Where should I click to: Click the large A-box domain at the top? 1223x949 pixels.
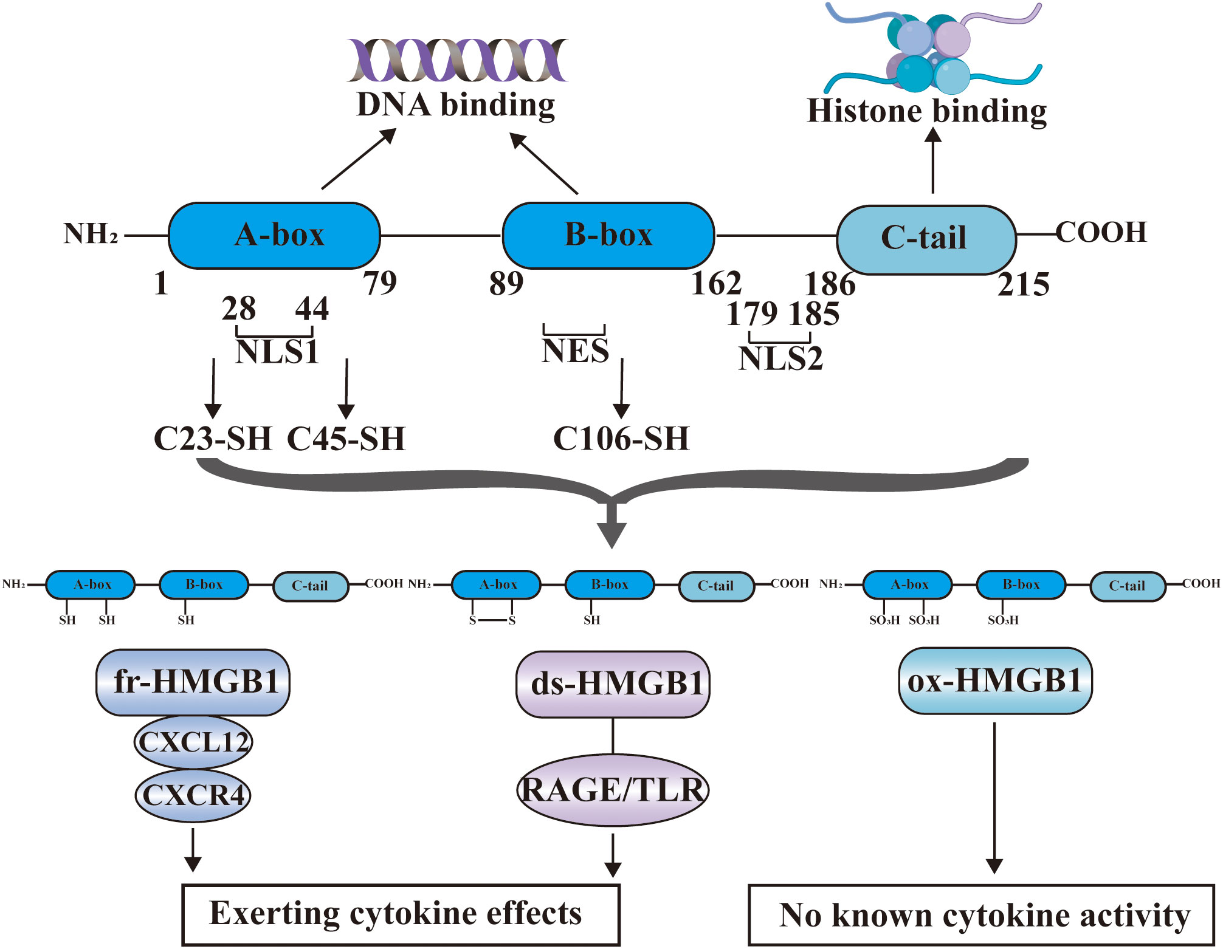tap(274, 236)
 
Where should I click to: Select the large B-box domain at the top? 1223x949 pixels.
tap(608, 236)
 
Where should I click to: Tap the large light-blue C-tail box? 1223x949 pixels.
tap(926, 239)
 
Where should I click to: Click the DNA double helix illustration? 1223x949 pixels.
tap(457, 60)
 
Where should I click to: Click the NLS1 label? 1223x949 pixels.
tap(277, 352)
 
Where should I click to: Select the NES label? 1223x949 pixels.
tap(575, 351)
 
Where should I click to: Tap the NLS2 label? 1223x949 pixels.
tap(780, 358)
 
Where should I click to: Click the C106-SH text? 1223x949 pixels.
tap(621, 439)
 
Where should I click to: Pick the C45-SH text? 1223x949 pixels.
tap(346, 439)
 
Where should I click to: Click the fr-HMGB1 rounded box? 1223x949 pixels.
tap(193, 682)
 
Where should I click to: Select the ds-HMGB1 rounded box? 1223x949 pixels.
tap(613, 684)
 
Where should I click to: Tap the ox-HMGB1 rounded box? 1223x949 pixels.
tap(995, 680)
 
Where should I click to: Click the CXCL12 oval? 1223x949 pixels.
tap(193, 742)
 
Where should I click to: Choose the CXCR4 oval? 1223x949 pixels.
tap(193, 795)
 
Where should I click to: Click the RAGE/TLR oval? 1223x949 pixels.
tap(613, 790)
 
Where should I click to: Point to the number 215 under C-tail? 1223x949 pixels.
tap(1023, 284)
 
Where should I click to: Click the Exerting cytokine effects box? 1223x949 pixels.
tap(401, 914)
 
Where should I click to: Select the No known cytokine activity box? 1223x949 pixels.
tap(980, 915)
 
